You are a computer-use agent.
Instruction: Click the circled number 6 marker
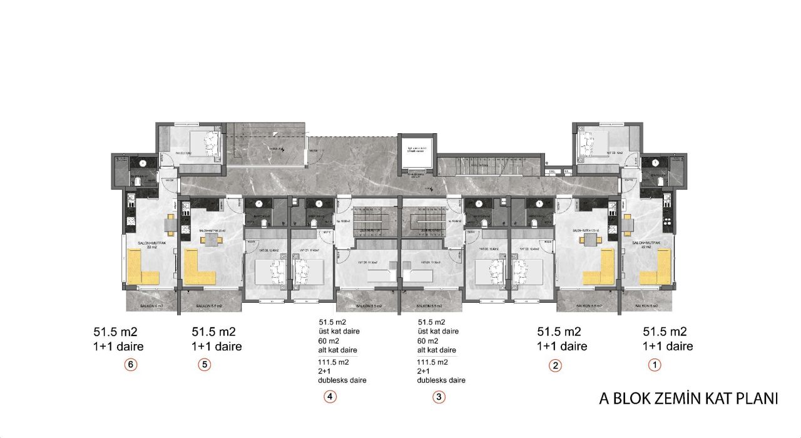[130, 365]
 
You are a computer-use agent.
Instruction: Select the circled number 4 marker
[330, 396]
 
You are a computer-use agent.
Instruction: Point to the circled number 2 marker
[555, 366]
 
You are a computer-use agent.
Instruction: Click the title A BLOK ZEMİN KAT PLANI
[688, 399]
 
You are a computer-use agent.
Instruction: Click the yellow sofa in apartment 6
[143, 268]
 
